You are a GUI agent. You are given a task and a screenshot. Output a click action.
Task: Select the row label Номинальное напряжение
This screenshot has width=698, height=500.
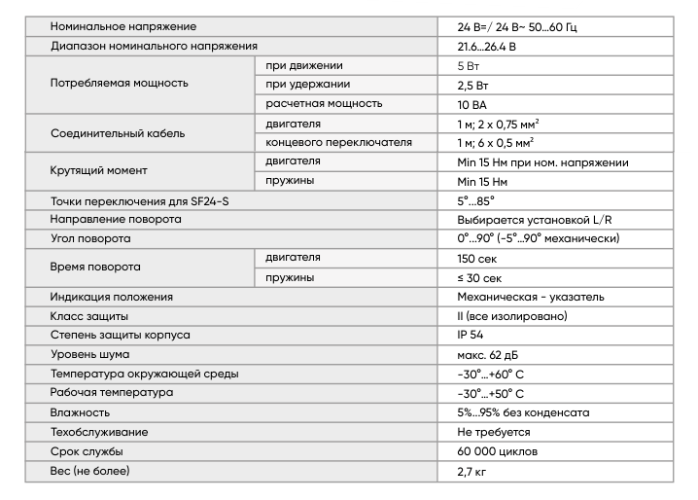[x=122, y=25]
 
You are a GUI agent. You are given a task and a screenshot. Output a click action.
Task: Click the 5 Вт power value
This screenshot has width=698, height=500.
[x=468, y=65]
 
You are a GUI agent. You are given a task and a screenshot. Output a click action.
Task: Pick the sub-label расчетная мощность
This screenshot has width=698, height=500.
[x=324, y=103]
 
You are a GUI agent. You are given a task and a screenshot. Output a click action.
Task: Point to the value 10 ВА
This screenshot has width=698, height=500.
[x=471, y=103]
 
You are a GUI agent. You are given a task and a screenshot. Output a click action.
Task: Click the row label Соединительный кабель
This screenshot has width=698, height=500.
[x=117, y=132]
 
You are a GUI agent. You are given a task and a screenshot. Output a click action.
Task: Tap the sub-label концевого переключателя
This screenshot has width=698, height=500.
[x=338, y=142]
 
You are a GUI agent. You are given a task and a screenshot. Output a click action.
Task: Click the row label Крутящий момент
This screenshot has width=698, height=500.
[x=98, y=170]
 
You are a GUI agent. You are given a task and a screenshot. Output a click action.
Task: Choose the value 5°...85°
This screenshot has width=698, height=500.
[x=475, y=200]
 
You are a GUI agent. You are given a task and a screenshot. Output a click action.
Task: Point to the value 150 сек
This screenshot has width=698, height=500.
[x=476, y=258]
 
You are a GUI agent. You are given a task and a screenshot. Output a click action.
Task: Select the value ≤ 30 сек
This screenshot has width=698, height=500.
[x=478, y=277]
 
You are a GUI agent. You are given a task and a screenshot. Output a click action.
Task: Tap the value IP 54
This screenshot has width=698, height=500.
[x=470, y=336]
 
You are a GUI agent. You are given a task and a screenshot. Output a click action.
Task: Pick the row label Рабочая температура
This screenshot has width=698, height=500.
[x=111, y=393]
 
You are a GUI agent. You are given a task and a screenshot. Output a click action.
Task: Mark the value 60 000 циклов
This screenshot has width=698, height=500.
[x=497, y=451]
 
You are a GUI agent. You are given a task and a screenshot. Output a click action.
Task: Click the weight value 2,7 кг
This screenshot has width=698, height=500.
[x=471, y=471]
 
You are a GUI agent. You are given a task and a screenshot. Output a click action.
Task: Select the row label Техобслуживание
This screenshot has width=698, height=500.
[x=99, y=432]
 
